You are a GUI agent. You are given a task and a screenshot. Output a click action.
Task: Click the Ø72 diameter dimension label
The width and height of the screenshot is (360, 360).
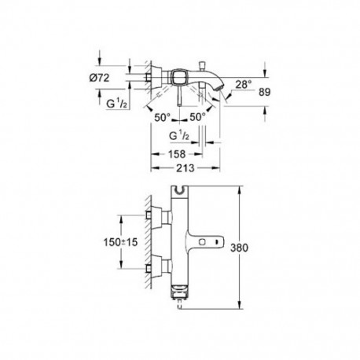pos(99,78)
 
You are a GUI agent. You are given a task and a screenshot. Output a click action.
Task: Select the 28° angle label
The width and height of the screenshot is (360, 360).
pos(244,84)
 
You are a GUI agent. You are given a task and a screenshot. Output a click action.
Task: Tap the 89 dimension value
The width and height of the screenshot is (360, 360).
pos(264,92)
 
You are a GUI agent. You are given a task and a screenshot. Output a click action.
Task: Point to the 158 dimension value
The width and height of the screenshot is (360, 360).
pos(177,154)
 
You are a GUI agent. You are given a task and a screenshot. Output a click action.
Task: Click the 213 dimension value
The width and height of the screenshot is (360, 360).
pos(186,168)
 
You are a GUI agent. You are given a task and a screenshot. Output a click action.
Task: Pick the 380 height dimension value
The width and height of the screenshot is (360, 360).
pos(239,248)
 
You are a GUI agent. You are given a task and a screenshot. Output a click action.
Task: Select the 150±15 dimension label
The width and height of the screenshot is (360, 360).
pos(120,242)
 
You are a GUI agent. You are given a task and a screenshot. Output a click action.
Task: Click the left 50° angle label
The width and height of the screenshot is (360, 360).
pos(163,117)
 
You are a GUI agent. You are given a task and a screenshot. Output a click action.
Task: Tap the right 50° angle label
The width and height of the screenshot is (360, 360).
pos(197,117)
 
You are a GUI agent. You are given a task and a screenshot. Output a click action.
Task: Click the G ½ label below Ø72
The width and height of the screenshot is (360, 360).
pos(117,105)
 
